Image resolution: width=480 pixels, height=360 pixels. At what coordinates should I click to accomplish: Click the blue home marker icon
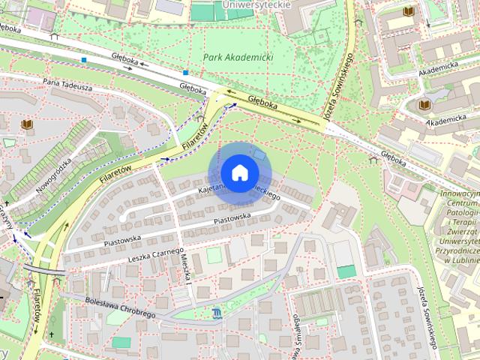click(x=238, y=172)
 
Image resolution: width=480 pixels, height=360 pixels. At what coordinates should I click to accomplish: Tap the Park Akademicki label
click(x=238, y=57)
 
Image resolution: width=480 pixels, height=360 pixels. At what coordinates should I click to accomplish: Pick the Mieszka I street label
click(x=187, y=268)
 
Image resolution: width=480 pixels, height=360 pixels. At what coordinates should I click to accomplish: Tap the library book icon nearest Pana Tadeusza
click(x=27, y=124)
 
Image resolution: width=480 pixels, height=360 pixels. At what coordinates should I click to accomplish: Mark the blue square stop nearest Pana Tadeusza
click(x=85, y=59)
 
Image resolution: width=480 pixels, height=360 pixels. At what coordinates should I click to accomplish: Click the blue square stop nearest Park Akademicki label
click(x=184, y=73)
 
